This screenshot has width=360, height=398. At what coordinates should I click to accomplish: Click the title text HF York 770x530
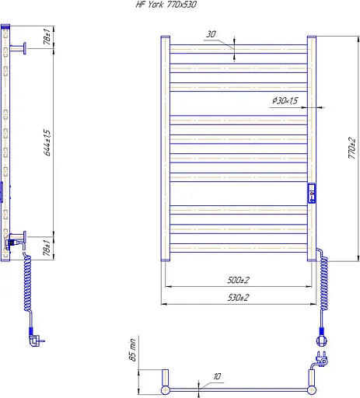click(166, 5)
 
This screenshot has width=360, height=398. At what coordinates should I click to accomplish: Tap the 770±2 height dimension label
click(351, 148)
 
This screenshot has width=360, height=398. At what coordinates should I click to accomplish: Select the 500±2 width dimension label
click(238, 280)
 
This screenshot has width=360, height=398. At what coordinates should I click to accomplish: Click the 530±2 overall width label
click(238, 298)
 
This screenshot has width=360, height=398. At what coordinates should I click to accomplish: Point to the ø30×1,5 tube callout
click(285, 100)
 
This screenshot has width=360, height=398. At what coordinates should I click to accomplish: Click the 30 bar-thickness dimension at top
click(211, 34)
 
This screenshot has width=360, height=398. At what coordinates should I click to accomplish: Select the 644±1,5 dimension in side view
click(47, 142)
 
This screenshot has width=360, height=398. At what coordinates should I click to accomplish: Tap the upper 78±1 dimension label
click(47, 37)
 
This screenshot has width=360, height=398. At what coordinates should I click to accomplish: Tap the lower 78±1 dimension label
click(47, 248)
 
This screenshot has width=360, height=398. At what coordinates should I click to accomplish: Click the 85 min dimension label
click(132, 350)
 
